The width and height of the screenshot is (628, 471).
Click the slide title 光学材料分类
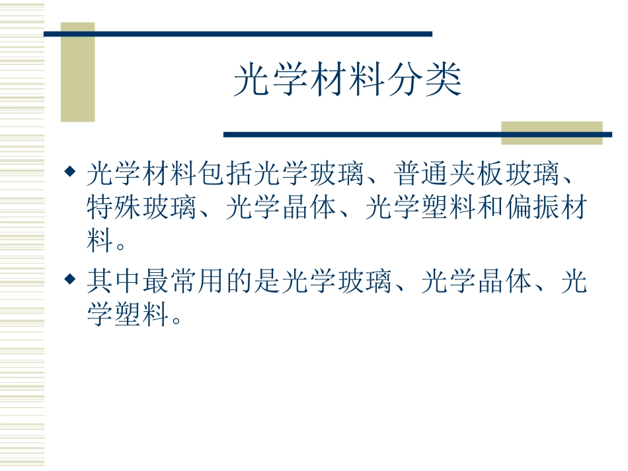(x=348, y=81)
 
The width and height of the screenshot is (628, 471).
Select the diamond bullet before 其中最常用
(x=69, y=280)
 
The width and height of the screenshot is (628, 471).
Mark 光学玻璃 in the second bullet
(x=336, y=283)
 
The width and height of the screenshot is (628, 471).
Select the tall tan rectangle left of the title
(x=78, y=73)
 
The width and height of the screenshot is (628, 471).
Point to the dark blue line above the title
(x=238, y=34)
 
